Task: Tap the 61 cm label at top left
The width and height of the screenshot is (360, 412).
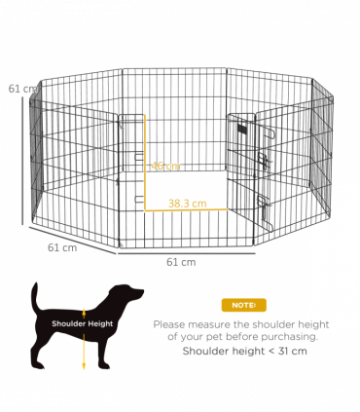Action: (x=22, y=89)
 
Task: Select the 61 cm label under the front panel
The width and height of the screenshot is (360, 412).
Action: (x=181, y=262)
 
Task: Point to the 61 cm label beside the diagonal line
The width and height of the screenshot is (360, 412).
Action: (x=62, y=246)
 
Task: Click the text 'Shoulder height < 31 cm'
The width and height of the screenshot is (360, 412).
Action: (x=237, y=351)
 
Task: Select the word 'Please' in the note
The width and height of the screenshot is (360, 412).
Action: (x=171, y=323)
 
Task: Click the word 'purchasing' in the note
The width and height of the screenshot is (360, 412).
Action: (x=295, y=337)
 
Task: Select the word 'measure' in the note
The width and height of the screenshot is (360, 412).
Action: (x=214, y=323)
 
